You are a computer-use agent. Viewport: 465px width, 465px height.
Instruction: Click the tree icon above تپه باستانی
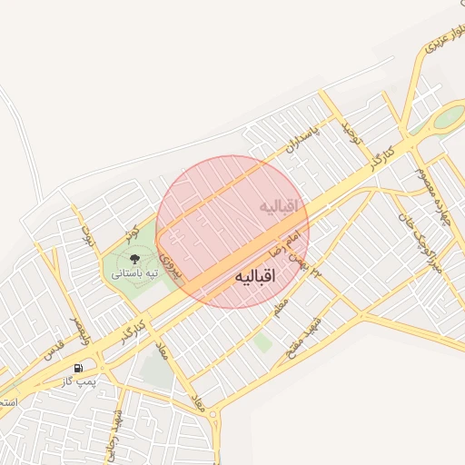pos(134,260)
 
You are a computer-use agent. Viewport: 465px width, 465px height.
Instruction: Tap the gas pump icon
pos(79,368)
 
